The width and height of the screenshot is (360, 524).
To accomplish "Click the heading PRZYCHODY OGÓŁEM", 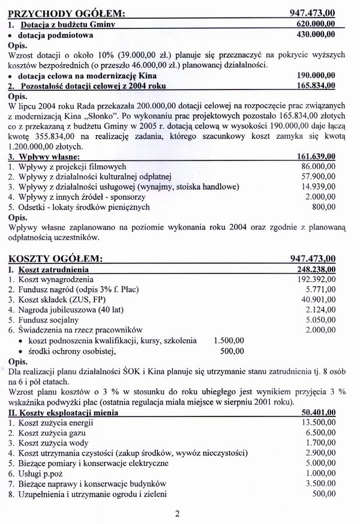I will [x=63, y=13].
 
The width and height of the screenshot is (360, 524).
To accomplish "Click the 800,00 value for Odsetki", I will [x=323, y=208].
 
